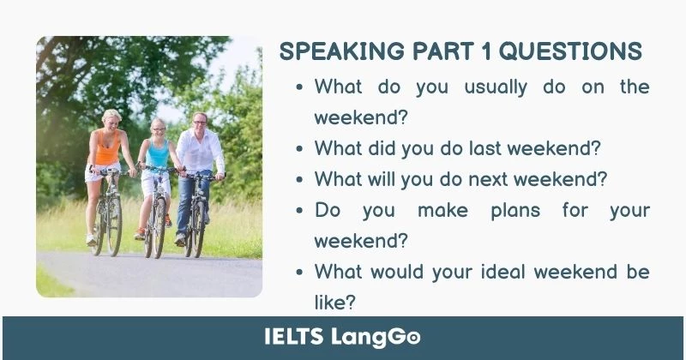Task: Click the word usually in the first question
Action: pos(496,87)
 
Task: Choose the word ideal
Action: pos(495,272)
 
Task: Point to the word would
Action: pos(396,272)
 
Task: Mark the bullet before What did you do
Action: pos(299,148)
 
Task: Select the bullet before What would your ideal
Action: pos(299,273)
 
